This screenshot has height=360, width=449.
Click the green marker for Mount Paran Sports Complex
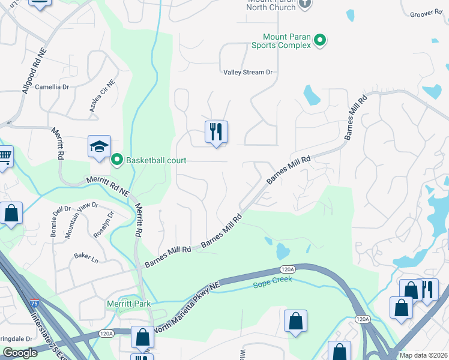321,40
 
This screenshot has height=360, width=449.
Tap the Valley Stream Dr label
248,73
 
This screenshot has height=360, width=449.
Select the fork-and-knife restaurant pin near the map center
216,131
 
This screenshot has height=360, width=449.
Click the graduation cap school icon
99,146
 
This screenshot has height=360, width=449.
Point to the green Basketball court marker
117,160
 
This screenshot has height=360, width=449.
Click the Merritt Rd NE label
108,185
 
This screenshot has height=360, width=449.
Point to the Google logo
20,353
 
